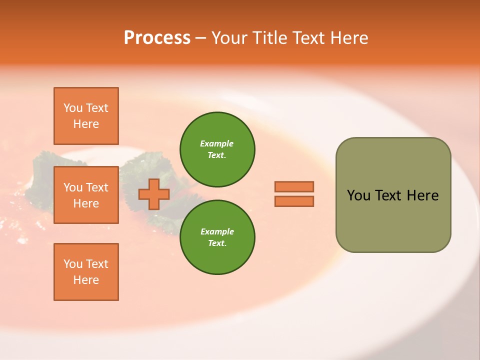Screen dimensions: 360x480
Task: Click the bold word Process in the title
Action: click(x=157, y=38)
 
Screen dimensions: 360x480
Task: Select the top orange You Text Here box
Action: click(x=86, y=116)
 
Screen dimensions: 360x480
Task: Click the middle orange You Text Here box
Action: click(x=86, y=195)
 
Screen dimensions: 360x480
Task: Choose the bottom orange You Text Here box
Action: click(x=86, y=272)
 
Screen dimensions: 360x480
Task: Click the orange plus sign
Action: click(x=154, y=194)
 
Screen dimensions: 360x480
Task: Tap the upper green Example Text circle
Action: click(x=217, y=149)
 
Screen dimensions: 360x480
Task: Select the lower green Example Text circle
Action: click(x=217, y=237)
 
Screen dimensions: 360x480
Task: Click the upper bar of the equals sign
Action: click(x=294, y=186)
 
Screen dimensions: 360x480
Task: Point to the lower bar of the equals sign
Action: click(x=294, y=201)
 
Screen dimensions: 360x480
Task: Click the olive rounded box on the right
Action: click(x=393, y=220)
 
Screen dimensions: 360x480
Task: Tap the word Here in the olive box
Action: click(x=422, y=195)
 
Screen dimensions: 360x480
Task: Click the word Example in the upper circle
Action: click(x=217, y=143)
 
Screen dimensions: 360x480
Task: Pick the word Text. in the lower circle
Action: click(x=217, y=243)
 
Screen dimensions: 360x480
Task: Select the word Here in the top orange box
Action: click(x=86, y=124)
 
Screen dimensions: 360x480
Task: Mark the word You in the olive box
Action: click(x=358, y=195)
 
